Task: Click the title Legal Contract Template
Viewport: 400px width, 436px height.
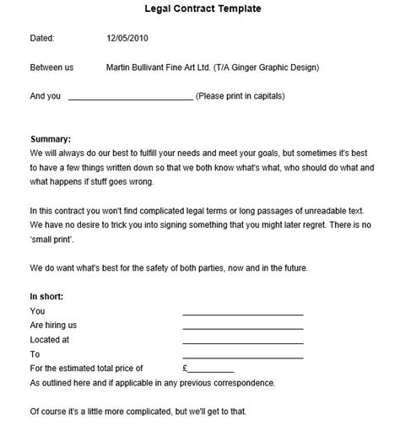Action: pos(200,8)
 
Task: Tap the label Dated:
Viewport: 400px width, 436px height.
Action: pos(42,38)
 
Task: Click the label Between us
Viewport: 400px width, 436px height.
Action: pos(51,67)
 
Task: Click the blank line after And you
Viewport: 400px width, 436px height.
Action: pos(130,98)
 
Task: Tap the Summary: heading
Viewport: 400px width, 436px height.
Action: pos(51,138)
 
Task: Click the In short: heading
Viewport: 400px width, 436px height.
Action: pos(47,297)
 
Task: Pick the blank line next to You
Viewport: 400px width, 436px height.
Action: pos(242,314)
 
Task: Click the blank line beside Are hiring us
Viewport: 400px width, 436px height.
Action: pos(242,328)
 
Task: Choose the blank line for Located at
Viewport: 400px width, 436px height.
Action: pos(242,342)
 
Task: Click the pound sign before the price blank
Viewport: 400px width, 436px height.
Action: pos(186,369)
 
